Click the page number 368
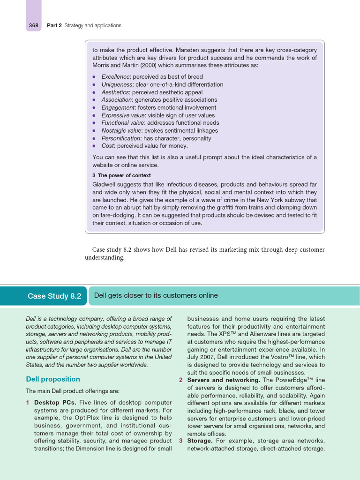click(33, 25)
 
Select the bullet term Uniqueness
click(117, 84)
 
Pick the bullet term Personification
click(120, 138)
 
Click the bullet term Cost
click(108, 146)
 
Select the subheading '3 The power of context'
click(121, 175)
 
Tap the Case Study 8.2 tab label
click(54, 296)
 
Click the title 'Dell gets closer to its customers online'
click(156, 295)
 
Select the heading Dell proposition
click(52, 379)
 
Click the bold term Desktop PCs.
click(56, 402)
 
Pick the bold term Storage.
click(200, 441)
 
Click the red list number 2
click(181, 380)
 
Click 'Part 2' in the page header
click(54, 25)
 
